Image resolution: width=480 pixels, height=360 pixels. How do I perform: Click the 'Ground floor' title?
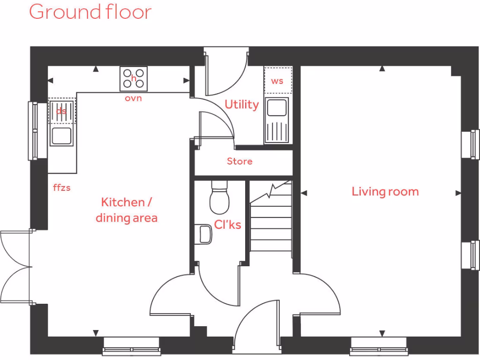click(x=90, y=12)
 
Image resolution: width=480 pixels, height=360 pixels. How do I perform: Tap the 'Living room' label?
click(x=385, y=192)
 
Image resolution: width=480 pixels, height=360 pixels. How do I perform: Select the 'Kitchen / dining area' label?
click(x=127, y=210)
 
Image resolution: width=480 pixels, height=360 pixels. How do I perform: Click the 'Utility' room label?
click(x=241, y=104)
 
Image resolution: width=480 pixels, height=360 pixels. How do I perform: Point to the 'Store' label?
click(x=240, y=161)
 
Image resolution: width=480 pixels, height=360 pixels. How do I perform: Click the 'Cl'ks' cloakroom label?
click(x=227, y=225)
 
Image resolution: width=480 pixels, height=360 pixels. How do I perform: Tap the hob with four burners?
click(x=134, y=79)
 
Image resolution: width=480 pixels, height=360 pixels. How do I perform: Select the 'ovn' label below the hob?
click(x=133, y=98)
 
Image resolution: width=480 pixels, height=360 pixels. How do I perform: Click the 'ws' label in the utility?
click(x=277, y=81)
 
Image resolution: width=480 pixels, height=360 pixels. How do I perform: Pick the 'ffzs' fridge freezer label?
click(x=62, y=187)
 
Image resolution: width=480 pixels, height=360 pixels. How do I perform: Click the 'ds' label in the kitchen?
click(x=61, y=112)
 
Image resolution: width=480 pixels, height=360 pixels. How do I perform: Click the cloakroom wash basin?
click(x=204, y=234)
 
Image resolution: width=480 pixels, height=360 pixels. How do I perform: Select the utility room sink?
click(x=277, y=108)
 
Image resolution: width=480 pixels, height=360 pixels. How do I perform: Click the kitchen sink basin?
click(x=62, y=136)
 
